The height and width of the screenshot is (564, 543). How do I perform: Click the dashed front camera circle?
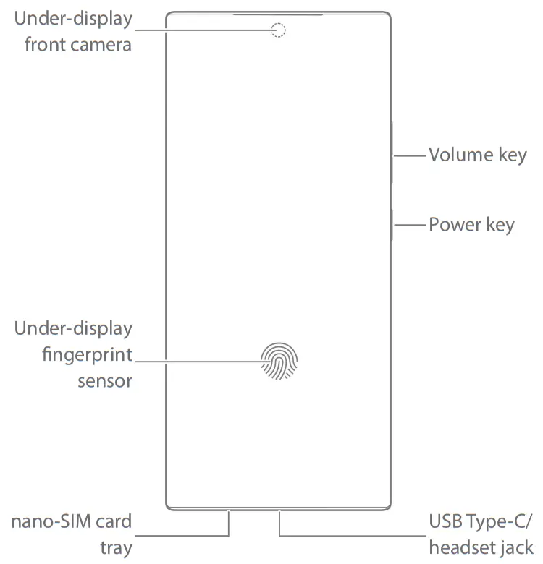[x=279, y=30]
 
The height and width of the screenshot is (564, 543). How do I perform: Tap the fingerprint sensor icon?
[x=279, y=360]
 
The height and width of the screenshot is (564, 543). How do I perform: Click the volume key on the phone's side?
[x=392, y=154]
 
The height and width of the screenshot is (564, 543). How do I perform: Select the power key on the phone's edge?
[x=392, y=225]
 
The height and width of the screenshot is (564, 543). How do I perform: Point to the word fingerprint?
[x=88, y=355]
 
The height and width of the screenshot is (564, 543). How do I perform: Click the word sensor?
[x=105, y=381]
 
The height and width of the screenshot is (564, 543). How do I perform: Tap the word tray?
[x=116, y=547]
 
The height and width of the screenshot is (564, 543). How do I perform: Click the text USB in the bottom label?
[x=444, y=521]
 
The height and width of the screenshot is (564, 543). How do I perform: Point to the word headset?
[x=460, y=547]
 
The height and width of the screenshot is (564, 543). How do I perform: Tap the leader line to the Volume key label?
[x=409, y=154]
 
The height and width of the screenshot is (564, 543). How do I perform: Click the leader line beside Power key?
[x=409, y=225]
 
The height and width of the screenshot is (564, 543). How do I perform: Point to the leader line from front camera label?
[x=203, y=30]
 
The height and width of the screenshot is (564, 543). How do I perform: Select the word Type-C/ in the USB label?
[x=500, y=521]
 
